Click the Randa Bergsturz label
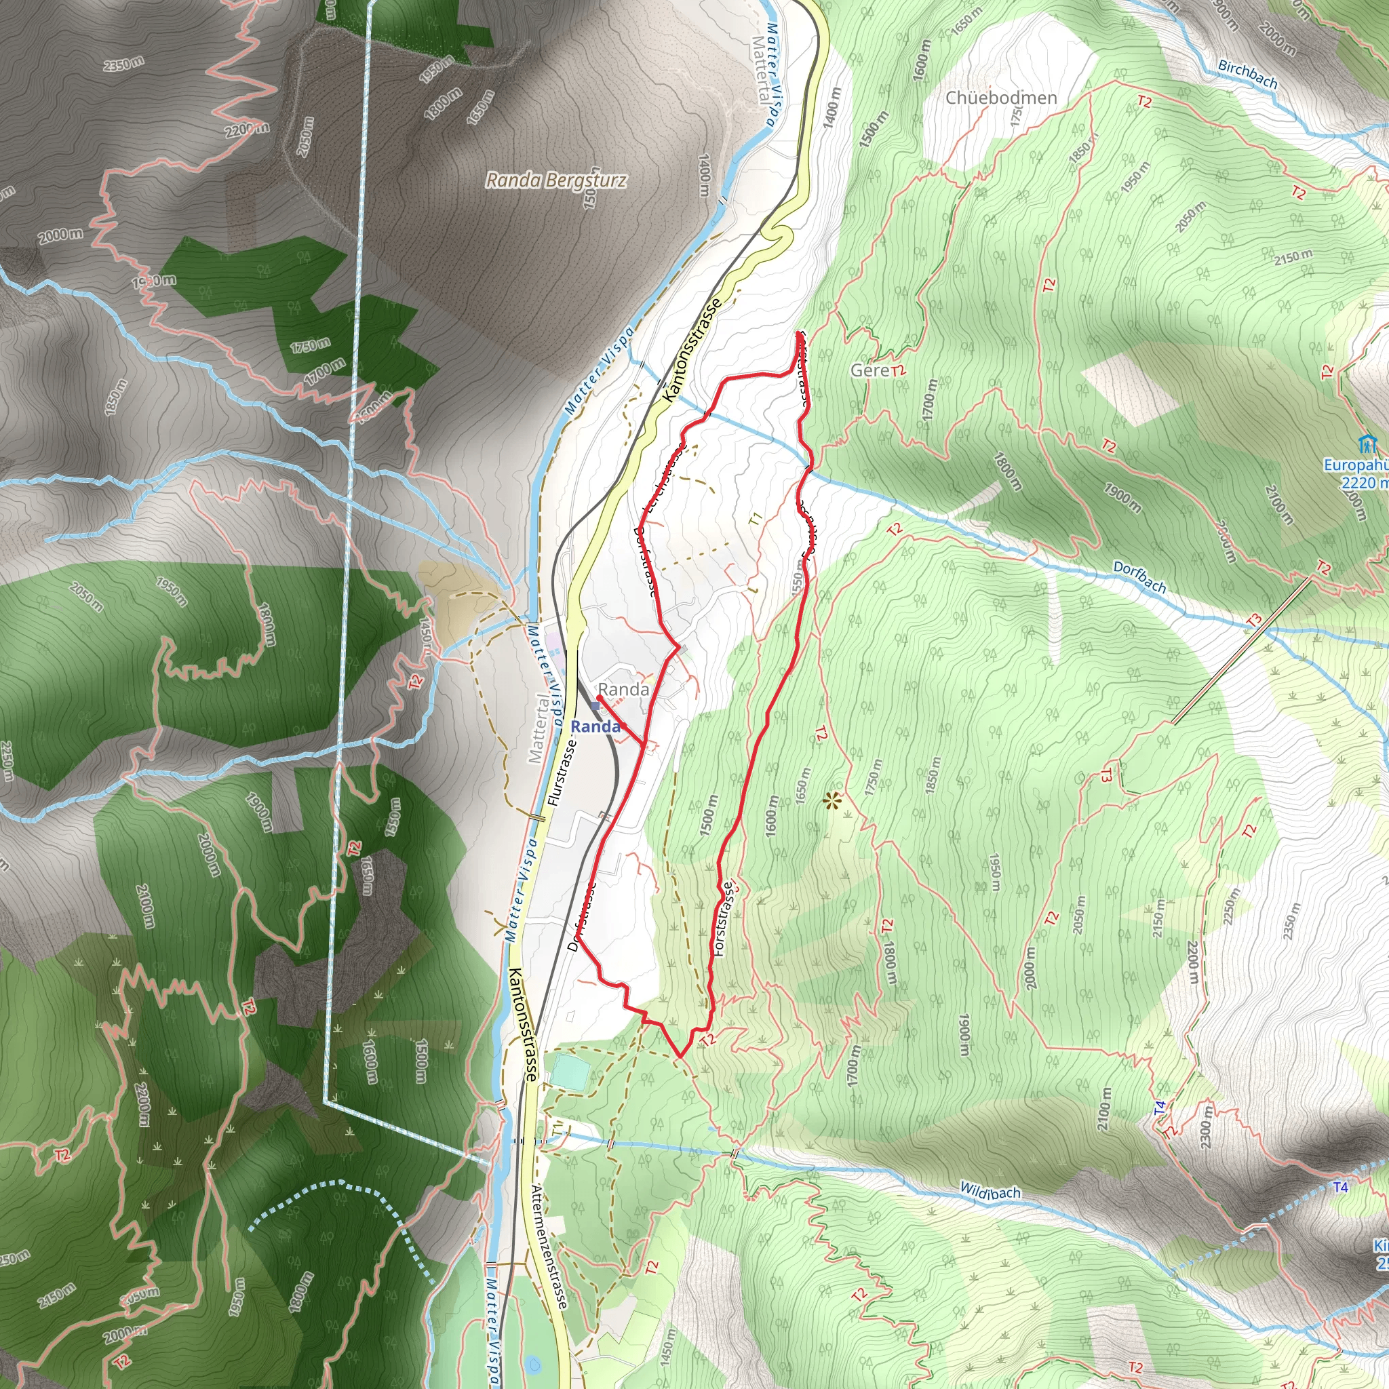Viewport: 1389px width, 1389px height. [555, 180]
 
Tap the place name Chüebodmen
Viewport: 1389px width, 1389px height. [1001, 98]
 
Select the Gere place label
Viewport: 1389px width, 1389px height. [870, 370]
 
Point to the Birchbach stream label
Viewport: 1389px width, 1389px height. [1247, 74]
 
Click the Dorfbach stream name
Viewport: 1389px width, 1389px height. [1139, 577]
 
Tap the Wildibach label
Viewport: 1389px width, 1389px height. [990, 1192]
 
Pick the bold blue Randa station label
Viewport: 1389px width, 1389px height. [595, 727]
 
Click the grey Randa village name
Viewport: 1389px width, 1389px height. [623, 690]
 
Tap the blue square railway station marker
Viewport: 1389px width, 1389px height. [595, 707]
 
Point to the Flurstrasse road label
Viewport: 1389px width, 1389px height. [562, 772]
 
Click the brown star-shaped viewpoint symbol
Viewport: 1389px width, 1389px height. [833, 800]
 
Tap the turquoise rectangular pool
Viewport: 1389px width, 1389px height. [571, 1071]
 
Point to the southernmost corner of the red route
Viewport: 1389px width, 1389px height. [680, 1056]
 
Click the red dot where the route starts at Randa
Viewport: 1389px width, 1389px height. [600, 697]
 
